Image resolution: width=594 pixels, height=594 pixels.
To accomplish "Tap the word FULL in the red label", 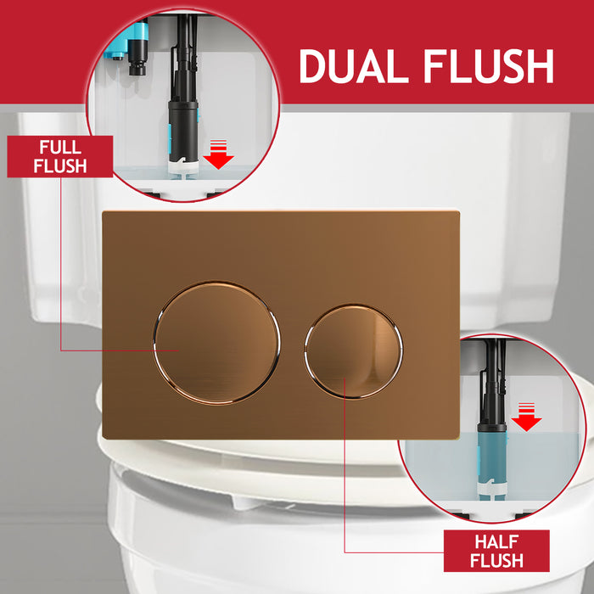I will point(60,147).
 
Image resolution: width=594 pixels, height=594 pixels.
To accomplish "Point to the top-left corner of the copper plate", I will point(104,212).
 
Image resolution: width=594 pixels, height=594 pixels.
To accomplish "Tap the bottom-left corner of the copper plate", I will point(104,437).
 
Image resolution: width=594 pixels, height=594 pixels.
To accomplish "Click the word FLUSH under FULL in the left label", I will point(60,165).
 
